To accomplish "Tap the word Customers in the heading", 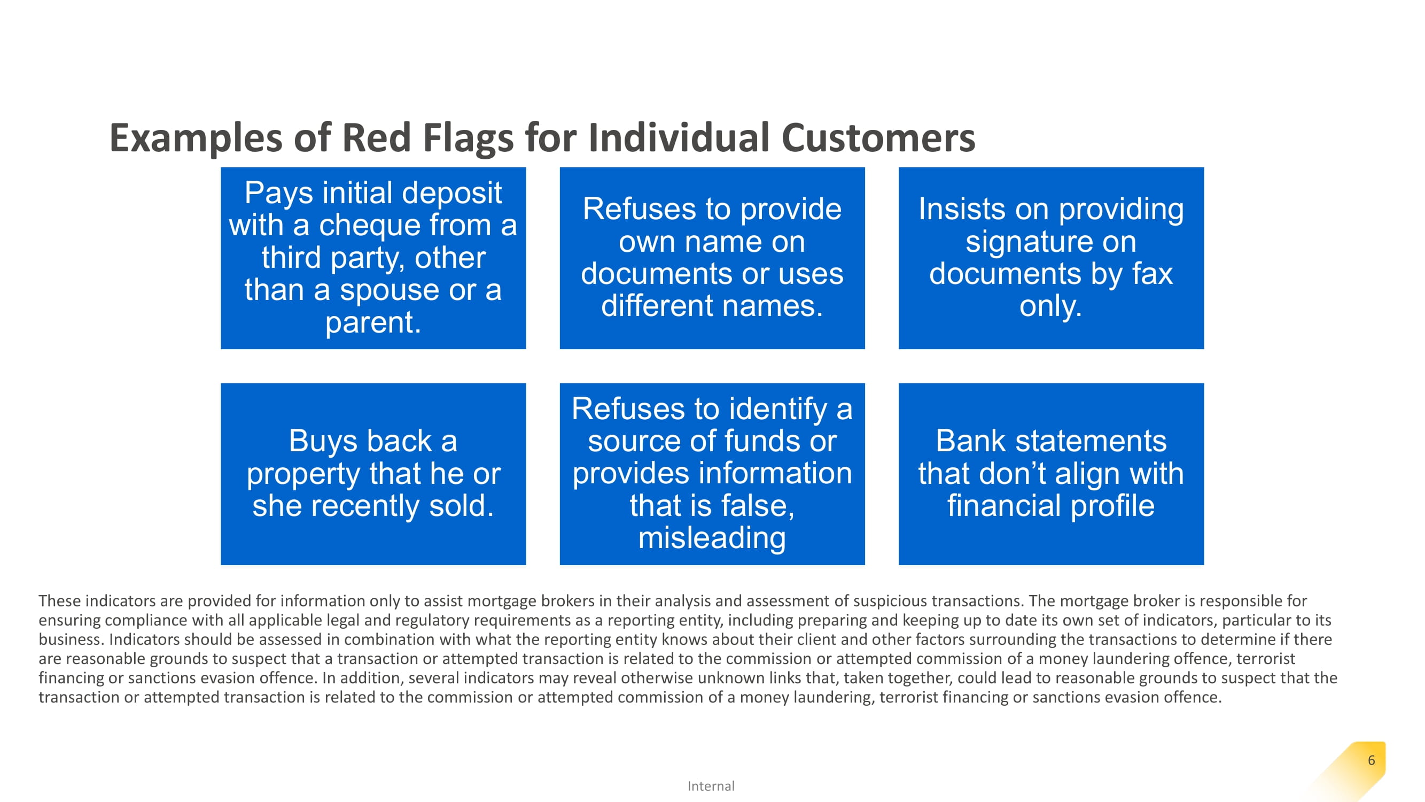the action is (x=878, y=137).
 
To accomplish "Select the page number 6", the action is (x=1371, y=760).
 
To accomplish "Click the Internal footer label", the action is (x=711, y=786).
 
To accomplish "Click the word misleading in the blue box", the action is (x=712, y=538).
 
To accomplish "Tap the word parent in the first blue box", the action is (x=373, y=323).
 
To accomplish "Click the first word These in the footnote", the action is (x=59, y=601).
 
